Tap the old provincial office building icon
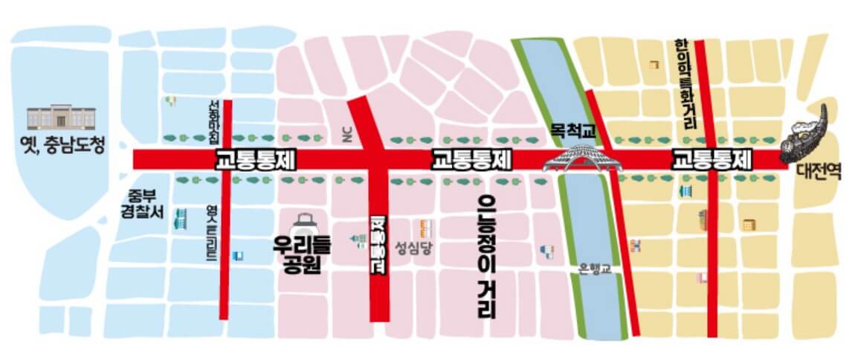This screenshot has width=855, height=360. click(x=62, y=118)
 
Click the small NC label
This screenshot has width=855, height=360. click(x=344, y=134)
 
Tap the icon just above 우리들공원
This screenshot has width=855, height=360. click(x=304, y=222)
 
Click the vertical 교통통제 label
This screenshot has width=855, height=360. click(x=378, y=245)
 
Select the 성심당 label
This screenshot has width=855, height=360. click(x=413, y=248)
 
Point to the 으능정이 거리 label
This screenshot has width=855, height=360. click(x=487, y=256)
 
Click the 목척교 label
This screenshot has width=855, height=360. click(x=573, y=131)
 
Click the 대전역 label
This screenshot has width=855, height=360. click(x=817, y=173)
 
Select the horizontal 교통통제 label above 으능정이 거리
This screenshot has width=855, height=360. click(x=473, y=159)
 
